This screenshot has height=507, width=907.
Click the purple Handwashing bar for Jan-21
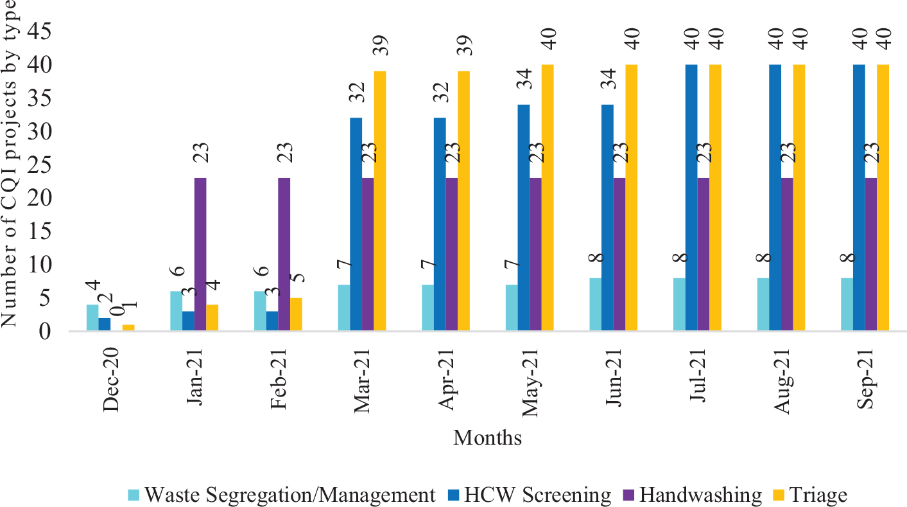click(200, 254)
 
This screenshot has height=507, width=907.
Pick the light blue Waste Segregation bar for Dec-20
click(92, 318)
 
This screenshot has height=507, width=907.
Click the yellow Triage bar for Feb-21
click(296, 315)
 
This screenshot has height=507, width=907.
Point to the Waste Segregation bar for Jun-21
click(595, 305)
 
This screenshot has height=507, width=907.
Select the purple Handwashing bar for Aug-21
click(787, 254)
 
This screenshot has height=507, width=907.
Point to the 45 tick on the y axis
click(56, 31)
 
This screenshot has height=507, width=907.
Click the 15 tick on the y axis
click(56, 231)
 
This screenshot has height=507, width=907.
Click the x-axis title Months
click(487, 438)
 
